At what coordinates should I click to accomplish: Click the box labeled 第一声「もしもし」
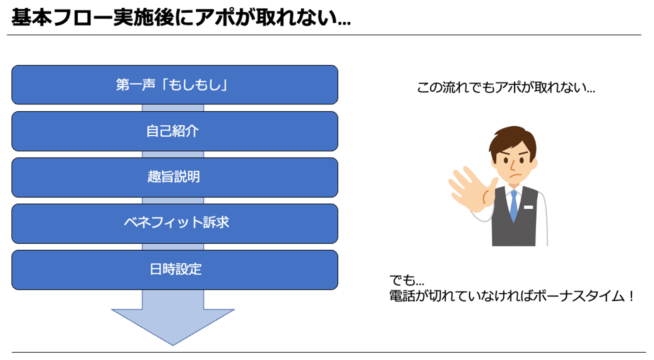click(174, 84)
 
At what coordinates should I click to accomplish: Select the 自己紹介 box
click(174, 131)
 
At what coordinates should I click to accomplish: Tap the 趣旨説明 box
click(174, 178)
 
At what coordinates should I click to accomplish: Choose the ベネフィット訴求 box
click(174, 223)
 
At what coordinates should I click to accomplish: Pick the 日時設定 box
click(174, 270)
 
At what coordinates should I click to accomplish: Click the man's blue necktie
click(514, 206)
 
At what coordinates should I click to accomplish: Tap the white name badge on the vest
click(528, 207)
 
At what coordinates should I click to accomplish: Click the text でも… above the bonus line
click(407, 281)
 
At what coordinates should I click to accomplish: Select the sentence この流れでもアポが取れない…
click(506, 87)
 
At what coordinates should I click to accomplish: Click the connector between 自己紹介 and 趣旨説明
click(173, 154)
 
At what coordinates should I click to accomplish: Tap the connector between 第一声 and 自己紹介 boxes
click(173, 108)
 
